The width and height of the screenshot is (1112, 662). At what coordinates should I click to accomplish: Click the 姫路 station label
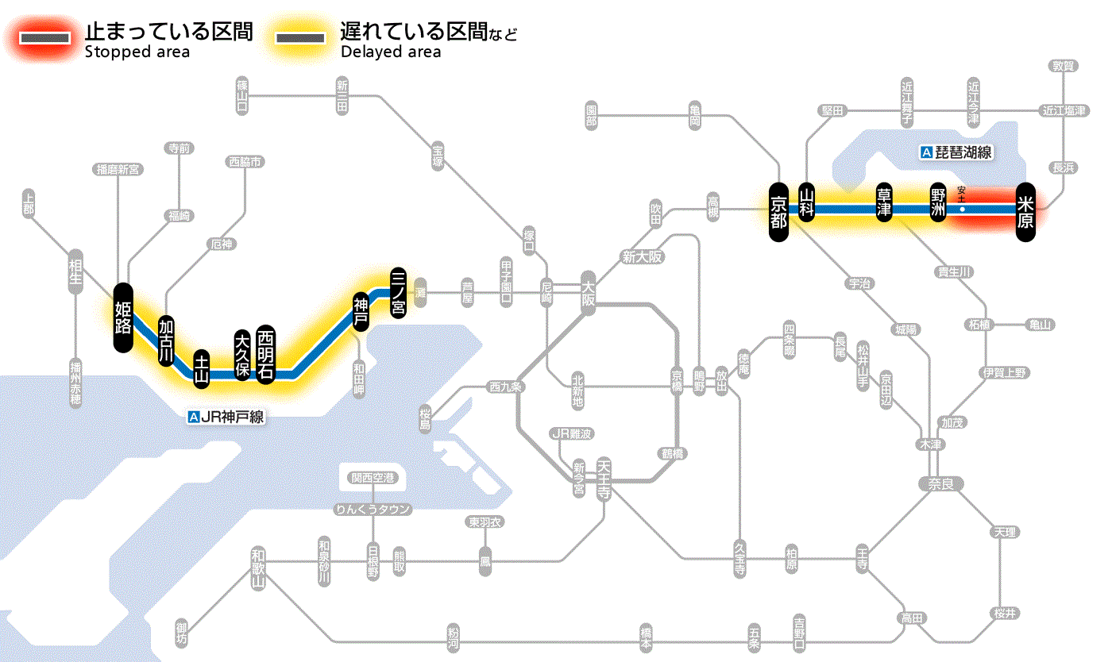pyautogui.click(x=123, y=318)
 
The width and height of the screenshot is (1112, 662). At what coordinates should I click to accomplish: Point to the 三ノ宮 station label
pyautogui.click(x=399, y=291)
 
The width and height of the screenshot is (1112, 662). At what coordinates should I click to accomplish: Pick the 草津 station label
pyautogui.click(x=884, y=202)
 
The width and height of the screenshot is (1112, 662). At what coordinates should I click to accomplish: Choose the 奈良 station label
pyautogui.click(x=940, y=483)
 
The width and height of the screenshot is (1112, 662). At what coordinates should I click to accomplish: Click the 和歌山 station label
pyautogui.click(x=257, y=568)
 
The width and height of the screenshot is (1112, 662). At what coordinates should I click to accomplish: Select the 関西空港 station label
pyautogui.click(x=373, y=478)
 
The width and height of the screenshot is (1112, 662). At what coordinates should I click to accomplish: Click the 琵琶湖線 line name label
pyautogui.click(x=958, y=152)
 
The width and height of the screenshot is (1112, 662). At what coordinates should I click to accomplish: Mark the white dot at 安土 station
pyautogui.click(x=962, y=210)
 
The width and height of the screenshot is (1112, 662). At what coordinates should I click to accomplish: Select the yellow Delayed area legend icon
pyautogui.click(x=299, y=38)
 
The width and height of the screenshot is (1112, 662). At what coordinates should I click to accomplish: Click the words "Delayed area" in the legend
pyautogui.click(x=391, y=52)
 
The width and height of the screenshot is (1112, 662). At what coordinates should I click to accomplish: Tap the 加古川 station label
pyautogui.click(x=166, y=341)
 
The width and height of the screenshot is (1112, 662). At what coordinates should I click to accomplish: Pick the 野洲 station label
pyautogui.click(x=939, y=202)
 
